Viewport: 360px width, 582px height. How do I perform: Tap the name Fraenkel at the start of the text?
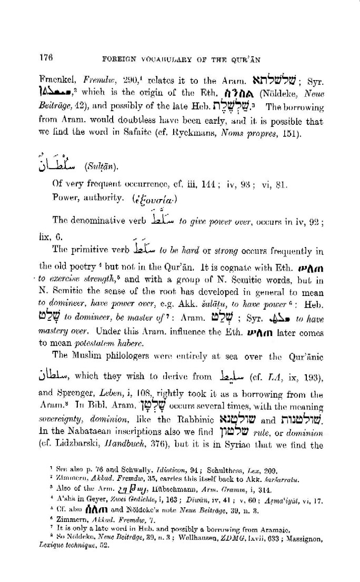[x=56, y=81]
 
